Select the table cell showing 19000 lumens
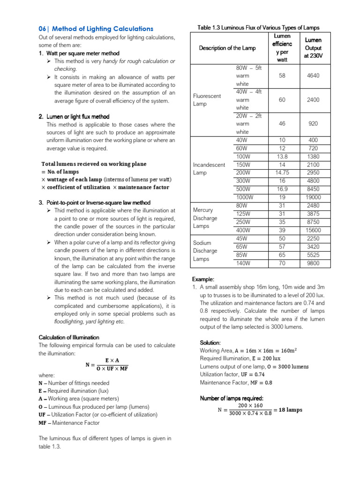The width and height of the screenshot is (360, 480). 313,197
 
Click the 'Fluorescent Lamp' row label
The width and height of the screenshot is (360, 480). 207,100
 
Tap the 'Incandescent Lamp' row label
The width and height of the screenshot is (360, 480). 209,169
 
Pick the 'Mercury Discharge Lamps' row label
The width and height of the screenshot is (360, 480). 205,218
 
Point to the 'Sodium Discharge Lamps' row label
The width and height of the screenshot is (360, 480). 205,251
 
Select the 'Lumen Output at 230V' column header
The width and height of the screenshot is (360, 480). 313,48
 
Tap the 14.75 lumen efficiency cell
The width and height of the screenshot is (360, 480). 282,173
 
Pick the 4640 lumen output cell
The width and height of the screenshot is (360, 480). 313,75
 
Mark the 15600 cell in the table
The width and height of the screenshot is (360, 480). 313,230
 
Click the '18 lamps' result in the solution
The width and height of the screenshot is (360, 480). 288,409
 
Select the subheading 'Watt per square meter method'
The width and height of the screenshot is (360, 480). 82,53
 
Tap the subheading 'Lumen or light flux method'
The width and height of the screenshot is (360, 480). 78,117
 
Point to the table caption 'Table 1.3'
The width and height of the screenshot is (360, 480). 258,28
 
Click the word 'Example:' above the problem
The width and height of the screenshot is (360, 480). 203,279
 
